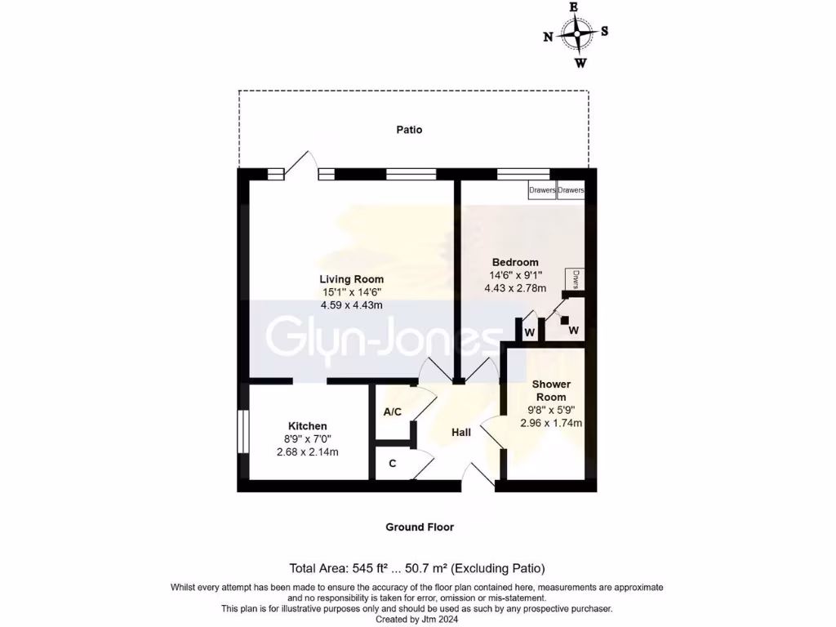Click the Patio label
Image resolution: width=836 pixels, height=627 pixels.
point(409,129)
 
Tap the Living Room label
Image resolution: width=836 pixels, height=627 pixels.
point(351,279)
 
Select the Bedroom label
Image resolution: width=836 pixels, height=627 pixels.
point(515,262)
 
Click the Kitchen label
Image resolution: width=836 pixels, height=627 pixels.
point(307,426)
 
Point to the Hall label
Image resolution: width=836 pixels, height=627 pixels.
point(461,432)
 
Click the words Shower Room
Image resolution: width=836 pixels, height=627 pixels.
point(551,390)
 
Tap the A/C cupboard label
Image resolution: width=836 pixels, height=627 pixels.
point(392,411)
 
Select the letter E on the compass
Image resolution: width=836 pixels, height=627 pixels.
point(574,7)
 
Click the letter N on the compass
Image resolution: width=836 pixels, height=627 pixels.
point(548,36)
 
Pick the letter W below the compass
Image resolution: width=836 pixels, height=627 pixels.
point(580,63)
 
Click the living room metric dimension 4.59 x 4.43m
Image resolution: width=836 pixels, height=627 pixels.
point(351,305)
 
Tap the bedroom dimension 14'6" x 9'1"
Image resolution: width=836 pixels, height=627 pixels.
point(515,275)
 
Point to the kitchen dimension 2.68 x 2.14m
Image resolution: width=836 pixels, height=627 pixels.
point(307,452)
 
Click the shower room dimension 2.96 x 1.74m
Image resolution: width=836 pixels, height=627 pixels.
point(551,423)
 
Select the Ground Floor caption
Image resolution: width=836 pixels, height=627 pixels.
point(420,527)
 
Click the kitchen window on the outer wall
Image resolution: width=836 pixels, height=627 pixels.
point(242,430)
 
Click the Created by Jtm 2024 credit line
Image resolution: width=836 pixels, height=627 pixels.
point(417,619)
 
